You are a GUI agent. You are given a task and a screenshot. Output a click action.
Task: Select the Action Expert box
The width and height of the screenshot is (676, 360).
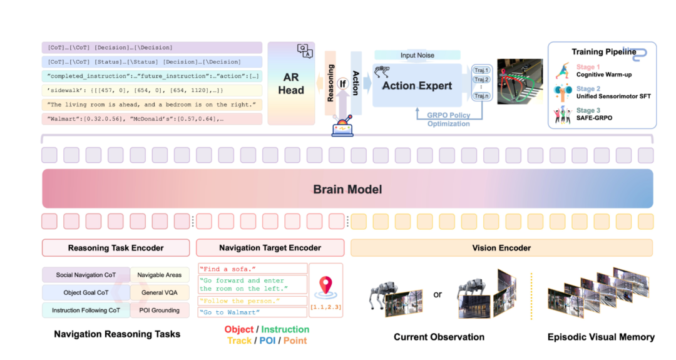click(417, 85)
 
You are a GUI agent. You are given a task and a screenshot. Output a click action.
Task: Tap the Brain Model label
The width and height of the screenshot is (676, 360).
click(347, 189)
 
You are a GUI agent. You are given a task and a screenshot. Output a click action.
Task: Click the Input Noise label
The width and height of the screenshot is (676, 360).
click(417, 56)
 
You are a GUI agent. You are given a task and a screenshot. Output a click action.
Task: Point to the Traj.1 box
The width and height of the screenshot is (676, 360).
click(482, 70)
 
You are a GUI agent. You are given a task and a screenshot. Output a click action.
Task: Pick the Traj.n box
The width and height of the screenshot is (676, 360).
click(482, 96)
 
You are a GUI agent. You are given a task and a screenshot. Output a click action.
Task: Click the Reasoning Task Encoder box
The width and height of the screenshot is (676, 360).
click(116, 248)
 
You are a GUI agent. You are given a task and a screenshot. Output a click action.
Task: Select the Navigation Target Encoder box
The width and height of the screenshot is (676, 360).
click(270, 248)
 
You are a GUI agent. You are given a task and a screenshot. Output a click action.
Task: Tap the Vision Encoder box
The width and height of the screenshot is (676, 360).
click(501, 248)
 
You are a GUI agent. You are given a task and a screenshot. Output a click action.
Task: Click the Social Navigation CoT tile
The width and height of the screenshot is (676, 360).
click(86, 275)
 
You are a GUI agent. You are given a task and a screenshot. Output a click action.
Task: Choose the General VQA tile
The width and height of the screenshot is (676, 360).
click(158, 292)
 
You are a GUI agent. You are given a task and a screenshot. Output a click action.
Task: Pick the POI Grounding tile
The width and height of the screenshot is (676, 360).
click(158, 310)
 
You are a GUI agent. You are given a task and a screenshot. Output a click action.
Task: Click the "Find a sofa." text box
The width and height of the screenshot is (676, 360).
click(253, 268)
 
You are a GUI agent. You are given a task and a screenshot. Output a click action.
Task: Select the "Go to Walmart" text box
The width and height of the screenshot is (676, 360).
click(253, 312)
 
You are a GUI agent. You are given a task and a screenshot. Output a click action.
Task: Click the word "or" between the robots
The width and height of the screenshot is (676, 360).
click(438, 294)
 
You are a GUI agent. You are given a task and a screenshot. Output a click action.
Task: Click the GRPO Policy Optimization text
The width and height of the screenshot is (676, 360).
click(448, 120)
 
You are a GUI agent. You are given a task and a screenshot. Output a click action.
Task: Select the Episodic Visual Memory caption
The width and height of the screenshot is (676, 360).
click(601, 337)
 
